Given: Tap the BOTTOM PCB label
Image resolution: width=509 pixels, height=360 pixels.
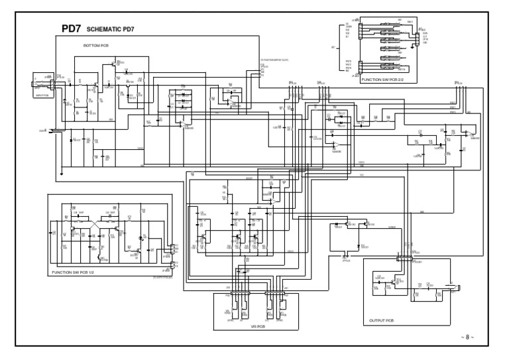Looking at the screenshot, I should pos(96,46).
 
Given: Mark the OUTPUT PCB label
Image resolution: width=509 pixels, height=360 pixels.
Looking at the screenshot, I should pos(380,320).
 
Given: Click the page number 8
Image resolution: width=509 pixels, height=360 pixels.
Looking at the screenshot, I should pos(467,337).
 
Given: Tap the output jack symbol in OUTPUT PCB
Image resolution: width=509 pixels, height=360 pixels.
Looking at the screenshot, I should pos(457,286).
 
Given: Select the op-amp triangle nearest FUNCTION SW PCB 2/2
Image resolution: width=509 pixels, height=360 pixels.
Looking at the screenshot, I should pos(469,135).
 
